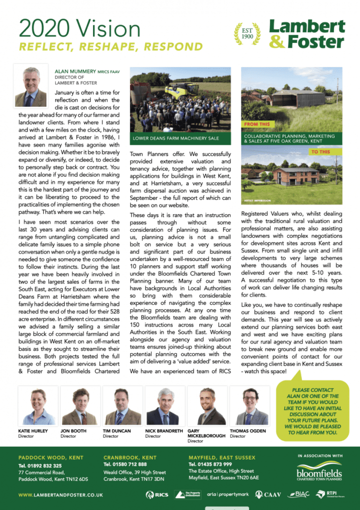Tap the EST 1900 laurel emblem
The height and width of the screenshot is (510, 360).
point(247,34)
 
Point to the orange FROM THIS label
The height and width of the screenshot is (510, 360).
point(257,125)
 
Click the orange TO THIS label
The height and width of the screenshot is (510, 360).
point(321,151)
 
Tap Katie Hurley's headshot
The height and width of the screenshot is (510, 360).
point(35,405)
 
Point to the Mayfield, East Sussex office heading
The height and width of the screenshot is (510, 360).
point(222,457)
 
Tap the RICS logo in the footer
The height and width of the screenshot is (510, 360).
point(157,495)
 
